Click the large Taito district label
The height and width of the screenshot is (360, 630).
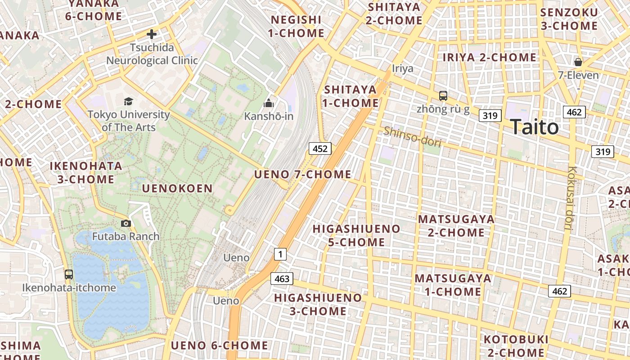tap(535, 127)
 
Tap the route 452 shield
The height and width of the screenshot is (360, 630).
tap(320, 148)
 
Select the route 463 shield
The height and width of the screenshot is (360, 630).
tap(282, 279)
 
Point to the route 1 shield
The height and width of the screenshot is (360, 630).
tap(280, 254)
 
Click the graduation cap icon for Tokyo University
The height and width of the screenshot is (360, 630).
tap(129, 101)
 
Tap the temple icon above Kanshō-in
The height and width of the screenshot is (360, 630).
tap(269, 103)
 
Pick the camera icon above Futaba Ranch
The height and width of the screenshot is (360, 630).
tap(126, 223)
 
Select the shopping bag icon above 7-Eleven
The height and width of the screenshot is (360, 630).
tap(578, 62)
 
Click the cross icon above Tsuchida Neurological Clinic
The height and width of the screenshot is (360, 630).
tap(152, 34)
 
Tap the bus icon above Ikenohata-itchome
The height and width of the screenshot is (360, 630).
tap(69, 274)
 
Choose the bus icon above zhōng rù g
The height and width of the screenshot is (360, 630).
tap(443, 95)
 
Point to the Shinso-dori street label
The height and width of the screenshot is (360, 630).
tap(412, 136)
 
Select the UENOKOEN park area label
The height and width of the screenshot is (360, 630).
tap(177, 189)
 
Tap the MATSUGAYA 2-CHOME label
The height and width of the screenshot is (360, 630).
tap(456, 226)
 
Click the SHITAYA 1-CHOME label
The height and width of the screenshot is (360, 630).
tap(351, 96)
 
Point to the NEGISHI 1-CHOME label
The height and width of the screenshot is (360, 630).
tap(297, 26)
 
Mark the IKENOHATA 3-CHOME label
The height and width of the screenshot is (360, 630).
tap(85, 172)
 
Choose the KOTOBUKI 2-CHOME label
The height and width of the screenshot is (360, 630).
tap(516, 346)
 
